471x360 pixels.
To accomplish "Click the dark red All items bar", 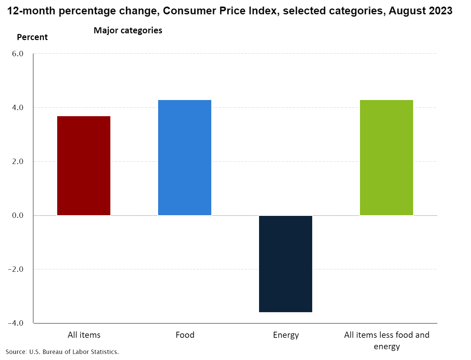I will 84,166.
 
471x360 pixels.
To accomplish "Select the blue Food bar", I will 185,158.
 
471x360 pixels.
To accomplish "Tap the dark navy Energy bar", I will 286,264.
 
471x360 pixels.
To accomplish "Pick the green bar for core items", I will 387,158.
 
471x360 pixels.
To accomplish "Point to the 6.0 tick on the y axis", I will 17,54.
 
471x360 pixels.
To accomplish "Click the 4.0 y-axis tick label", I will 17,108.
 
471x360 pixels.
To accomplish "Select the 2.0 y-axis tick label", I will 17,162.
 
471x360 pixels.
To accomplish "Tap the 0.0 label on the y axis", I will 17,216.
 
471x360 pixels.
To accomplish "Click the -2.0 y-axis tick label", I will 16,269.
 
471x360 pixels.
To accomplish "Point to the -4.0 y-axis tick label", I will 16,323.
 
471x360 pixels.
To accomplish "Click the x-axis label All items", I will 84,335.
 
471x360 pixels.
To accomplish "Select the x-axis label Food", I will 185,335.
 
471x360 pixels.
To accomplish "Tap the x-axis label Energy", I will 286,335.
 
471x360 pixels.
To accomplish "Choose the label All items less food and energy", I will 387,340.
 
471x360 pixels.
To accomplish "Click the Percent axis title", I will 32,37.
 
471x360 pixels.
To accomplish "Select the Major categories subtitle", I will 128,31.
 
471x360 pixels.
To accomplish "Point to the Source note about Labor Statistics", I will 62,352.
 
